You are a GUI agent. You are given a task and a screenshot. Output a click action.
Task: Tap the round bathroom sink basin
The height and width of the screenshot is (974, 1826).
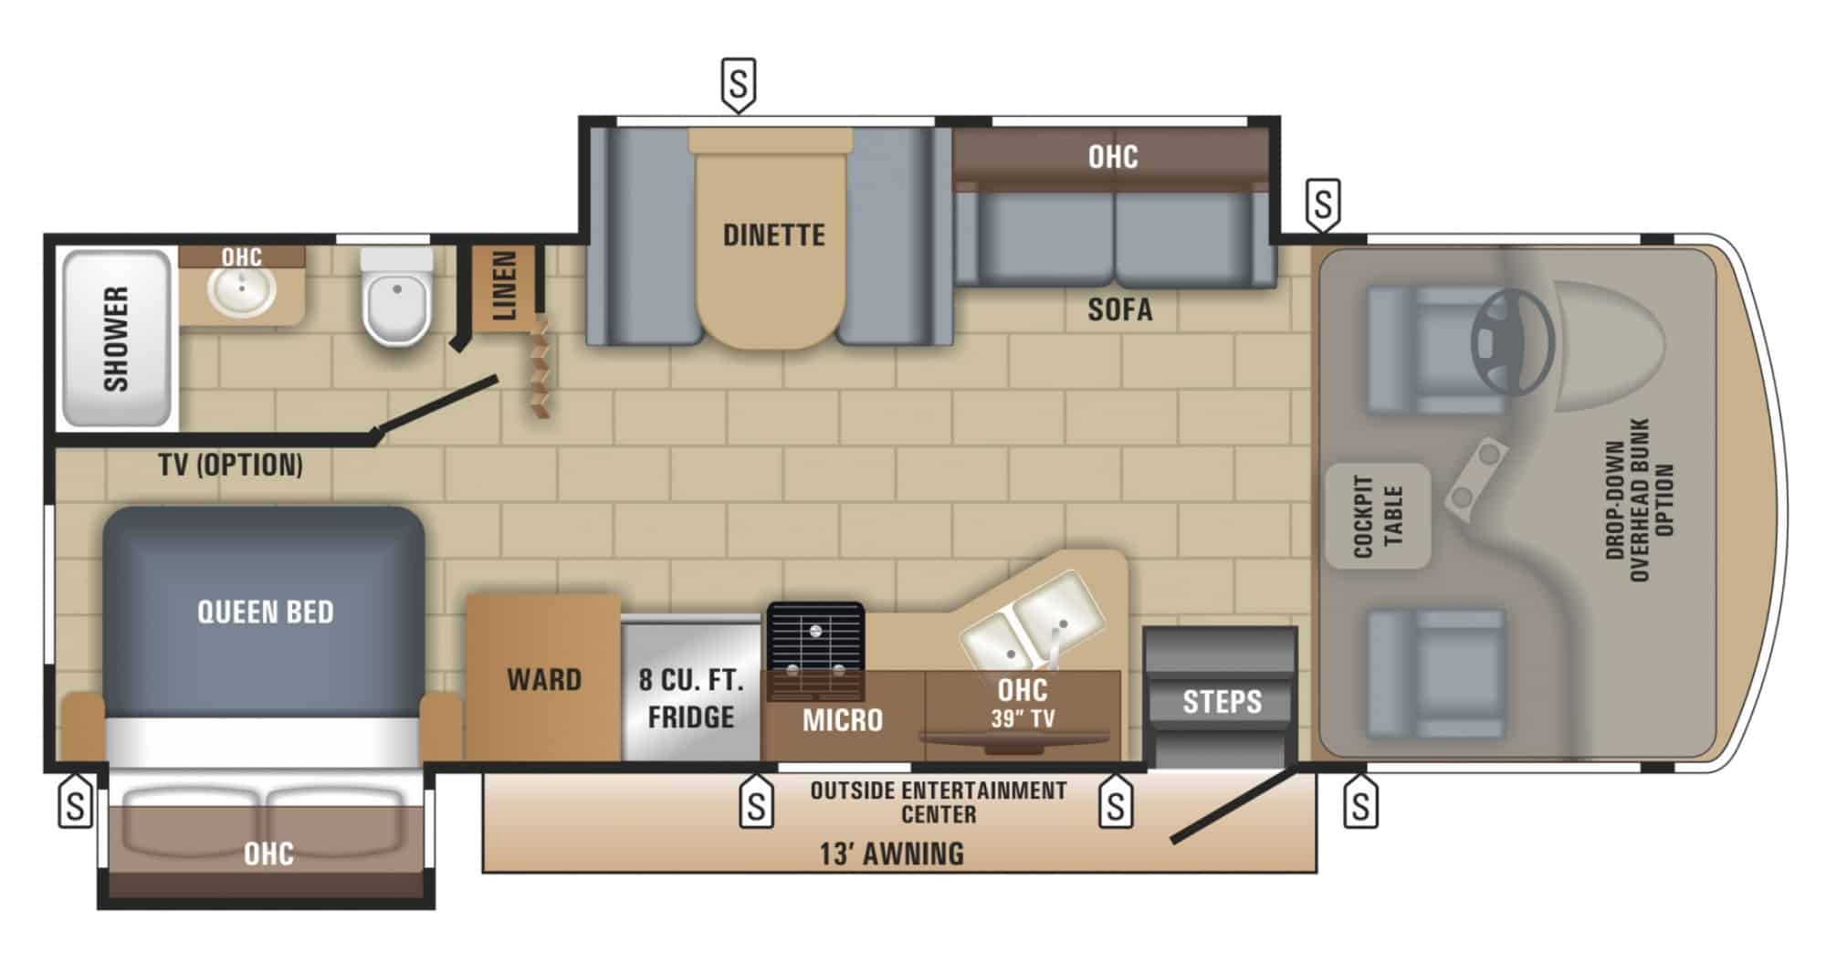[242, 291]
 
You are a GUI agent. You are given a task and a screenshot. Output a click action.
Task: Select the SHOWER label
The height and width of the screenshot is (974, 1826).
[116, 339]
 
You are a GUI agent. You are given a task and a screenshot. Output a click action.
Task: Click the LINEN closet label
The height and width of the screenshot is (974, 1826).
[505, 286]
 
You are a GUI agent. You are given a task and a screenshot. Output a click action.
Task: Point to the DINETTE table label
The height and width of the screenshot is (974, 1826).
[774, 236]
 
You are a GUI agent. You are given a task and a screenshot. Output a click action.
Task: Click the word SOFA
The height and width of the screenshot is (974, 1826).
[1119, 310]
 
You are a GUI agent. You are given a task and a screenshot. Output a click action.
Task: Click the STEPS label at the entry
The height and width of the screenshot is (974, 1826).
[1222, 702]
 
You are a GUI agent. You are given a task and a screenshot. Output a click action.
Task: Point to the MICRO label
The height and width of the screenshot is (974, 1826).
[843, 720]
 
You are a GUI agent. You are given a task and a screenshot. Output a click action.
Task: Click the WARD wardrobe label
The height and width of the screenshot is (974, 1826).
[544, 680]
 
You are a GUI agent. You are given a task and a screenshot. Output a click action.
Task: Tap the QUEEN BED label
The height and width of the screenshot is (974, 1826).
[266, 612]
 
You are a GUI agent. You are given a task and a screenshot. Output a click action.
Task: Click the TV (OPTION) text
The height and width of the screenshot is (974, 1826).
[231, 466]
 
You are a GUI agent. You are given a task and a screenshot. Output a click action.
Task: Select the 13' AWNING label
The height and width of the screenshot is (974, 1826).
[891, 854]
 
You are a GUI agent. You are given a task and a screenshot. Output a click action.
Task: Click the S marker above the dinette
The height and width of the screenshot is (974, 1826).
[739, 84]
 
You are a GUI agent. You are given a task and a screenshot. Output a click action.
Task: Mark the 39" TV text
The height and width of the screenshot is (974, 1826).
[1023, 718]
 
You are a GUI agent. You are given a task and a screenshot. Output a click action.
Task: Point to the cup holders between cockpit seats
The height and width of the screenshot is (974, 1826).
[1475, 478]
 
